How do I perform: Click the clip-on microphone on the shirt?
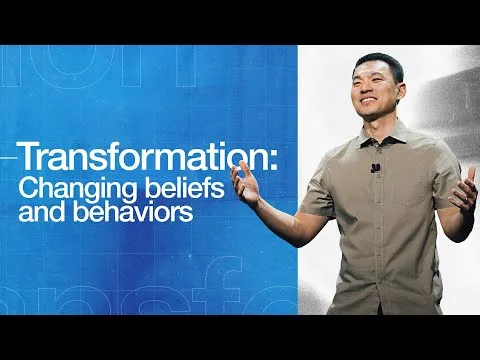click(x=374, y=168)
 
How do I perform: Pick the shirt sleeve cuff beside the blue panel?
click(x=314, y=204)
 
